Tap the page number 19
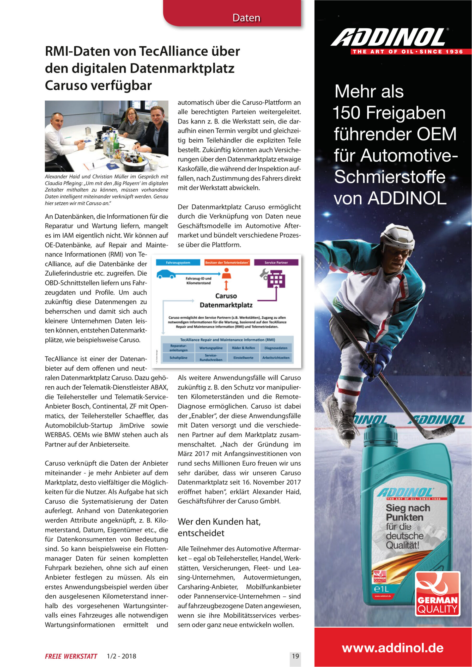(x=295, y=656)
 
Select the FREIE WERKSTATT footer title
(x=71, y=656)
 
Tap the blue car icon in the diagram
(x=166, y=274)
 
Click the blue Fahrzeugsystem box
(x=178, y=262)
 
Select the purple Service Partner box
(x=276, y=262)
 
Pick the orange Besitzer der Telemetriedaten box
(x=227, y=262)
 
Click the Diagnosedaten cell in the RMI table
(x=276, y=348)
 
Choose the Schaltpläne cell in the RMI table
(x=178, y=358)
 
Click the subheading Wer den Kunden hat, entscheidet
(x=219, y=527)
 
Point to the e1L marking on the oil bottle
(x=381, y=589)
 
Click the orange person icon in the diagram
(x=226, y=273)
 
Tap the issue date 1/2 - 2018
(x=121, y=656)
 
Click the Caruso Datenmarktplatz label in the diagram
(x=226, y=300)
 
